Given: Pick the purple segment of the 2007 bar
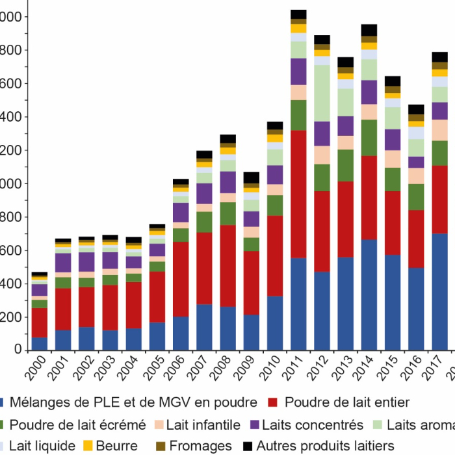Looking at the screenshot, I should [x=204, y=193].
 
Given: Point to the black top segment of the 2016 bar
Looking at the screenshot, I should [x=416, y=109].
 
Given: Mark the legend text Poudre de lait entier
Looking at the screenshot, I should [x=348, y=403].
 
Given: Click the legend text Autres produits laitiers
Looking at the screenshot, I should [x=325, y=446].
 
